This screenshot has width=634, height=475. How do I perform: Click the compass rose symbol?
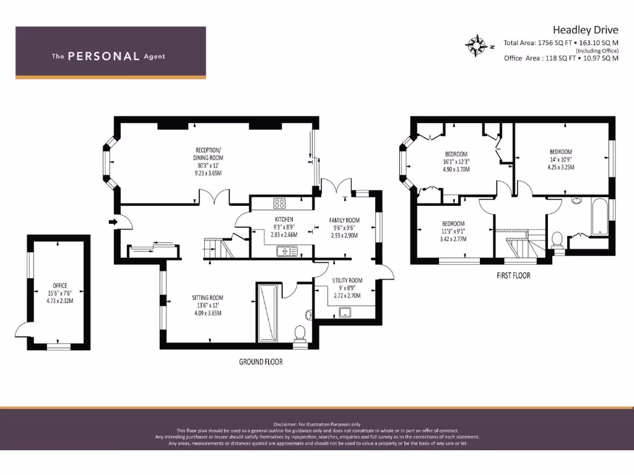(476, 45)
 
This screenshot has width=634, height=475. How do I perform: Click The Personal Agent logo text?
(108, 56)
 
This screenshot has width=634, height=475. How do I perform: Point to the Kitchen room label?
(284, 227)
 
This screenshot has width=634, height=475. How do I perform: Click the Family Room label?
(344, 228)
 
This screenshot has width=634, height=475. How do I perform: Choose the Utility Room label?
(347, 288)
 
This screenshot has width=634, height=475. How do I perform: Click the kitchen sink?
(287, 250)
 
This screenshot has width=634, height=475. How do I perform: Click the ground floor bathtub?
(268, 312)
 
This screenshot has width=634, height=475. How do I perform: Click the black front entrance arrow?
(113, 221)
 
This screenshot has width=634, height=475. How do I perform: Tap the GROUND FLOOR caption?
(261, 361)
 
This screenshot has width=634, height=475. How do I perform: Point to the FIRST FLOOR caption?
(513, 276)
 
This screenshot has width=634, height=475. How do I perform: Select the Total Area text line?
(561, 43)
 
